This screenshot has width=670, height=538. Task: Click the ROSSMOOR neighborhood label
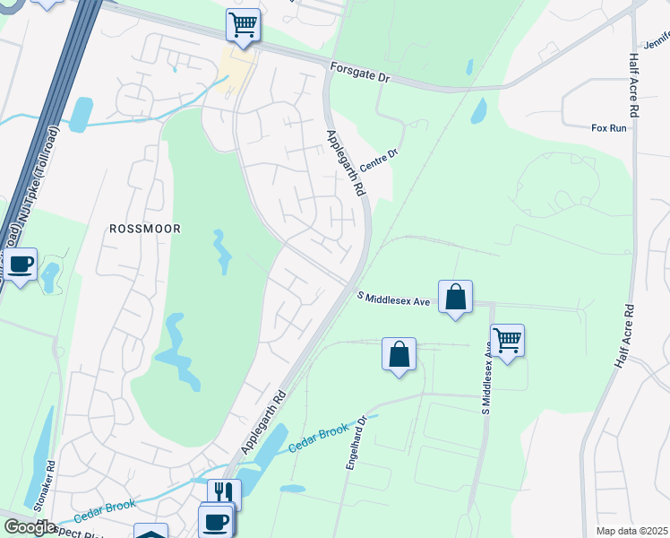(144, 229)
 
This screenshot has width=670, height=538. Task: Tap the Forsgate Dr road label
(360, 73)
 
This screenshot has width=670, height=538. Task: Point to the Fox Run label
(609, 128)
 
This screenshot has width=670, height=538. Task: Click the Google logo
(30, 527)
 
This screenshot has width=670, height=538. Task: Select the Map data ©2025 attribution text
(632, 531)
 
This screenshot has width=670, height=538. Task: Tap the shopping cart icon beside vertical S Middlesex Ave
(507, 340)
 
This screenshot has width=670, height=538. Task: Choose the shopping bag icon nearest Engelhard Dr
(399, 353)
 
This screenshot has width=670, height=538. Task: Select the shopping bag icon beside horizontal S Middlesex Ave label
(455, 296)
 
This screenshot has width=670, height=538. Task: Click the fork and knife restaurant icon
(224, 493)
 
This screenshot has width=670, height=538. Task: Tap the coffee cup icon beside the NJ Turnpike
(21, 264)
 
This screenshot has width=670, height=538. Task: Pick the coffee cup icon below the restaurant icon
(215, 520)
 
